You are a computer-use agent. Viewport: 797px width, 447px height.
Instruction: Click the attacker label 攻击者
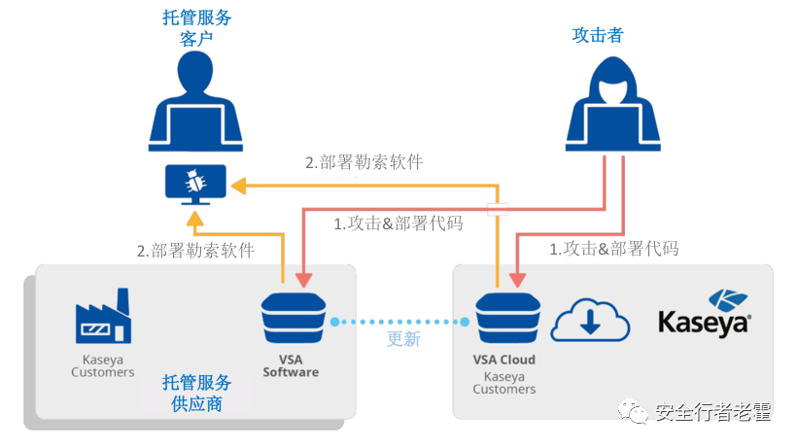(597, 35)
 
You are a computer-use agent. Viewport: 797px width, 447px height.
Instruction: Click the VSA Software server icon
(292, 318)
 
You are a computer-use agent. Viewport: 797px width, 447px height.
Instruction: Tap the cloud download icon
(590, 320)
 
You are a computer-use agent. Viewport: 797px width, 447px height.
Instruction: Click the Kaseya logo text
(705, 321)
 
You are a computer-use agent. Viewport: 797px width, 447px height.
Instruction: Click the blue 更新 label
(403, 340)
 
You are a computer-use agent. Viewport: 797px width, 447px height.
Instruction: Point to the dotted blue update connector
(398, 321)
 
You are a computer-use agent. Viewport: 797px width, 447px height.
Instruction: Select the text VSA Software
(292, 365)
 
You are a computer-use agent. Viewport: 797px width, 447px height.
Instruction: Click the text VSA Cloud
(504, 360)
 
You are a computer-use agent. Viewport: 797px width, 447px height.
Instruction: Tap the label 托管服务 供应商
(196, 392)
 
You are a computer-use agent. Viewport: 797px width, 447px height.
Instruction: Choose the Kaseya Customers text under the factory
(103, 365)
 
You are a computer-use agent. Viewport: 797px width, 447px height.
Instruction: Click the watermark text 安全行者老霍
(713, 412)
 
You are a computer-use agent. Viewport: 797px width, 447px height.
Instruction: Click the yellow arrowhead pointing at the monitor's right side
(237, 182)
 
